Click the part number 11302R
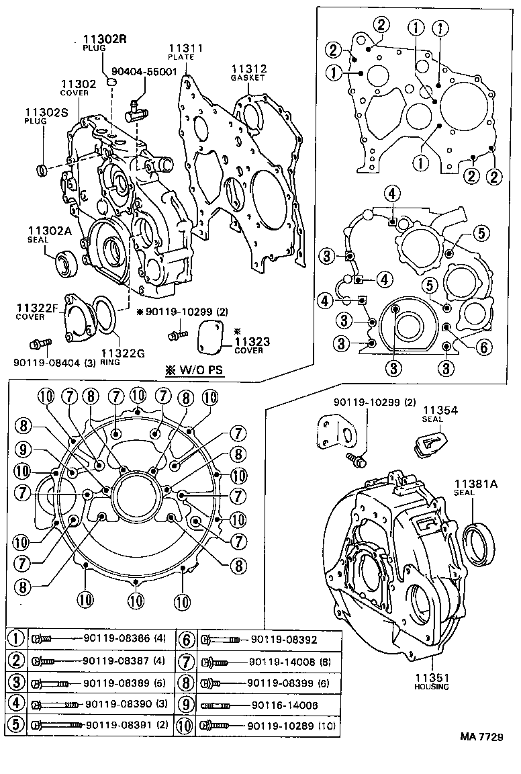click(x=105, y=39)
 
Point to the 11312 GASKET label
click(x=249, y=72)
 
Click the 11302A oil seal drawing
click(x=66, y=261)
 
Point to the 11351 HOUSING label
click(x=431, y=681)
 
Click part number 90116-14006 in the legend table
click(x=285, y=704)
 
